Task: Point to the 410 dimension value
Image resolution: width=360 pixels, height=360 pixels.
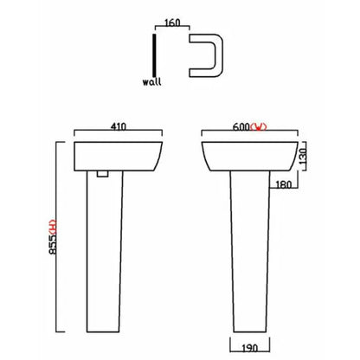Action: click(x=119, y=126)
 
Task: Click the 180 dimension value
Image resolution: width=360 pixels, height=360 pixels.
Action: click(x=283, y=185)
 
